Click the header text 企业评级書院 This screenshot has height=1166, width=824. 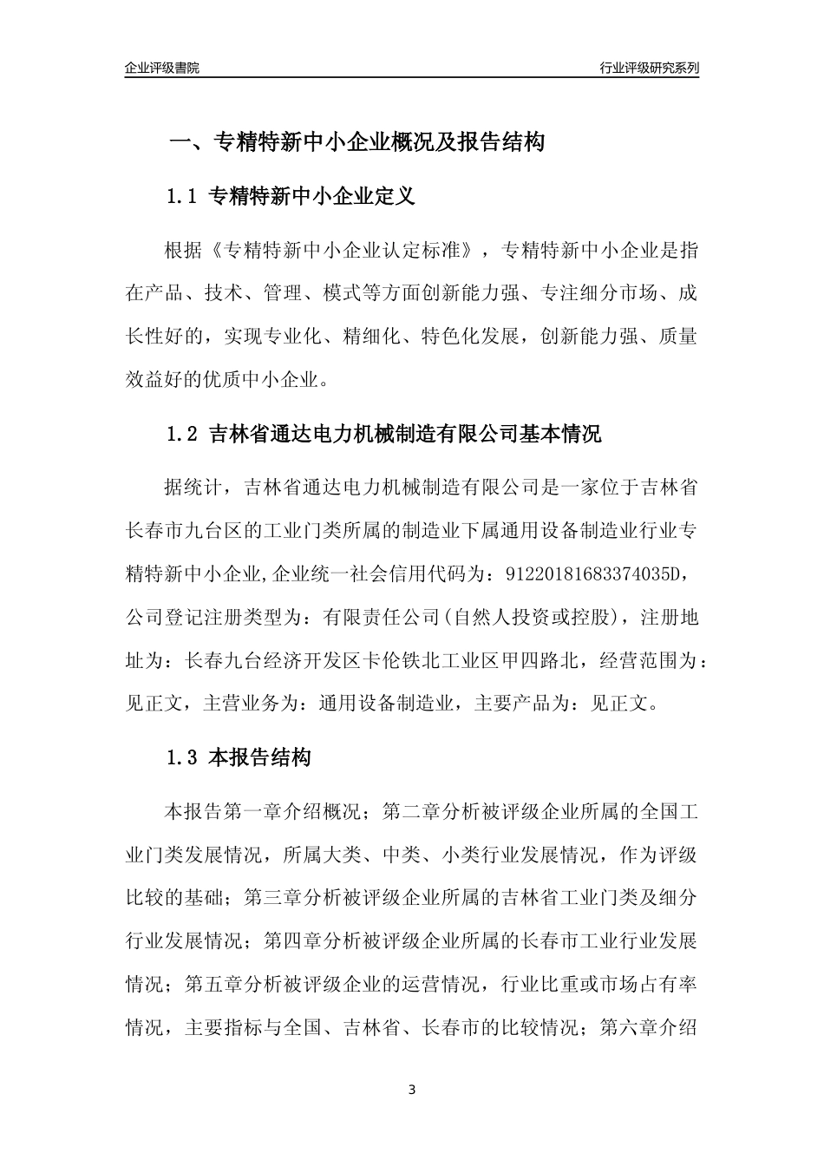point(162,67)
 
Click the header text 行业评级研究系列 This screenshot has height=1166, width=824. point(649,67)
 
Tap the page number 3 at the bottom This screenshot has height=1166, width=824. point(412,1090)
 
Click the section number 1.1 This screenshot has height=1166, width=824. point(184,197)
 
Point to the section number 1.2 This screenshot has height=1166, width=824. point(184,434)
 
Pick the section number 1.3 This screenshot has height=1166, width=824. point(184,757)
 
